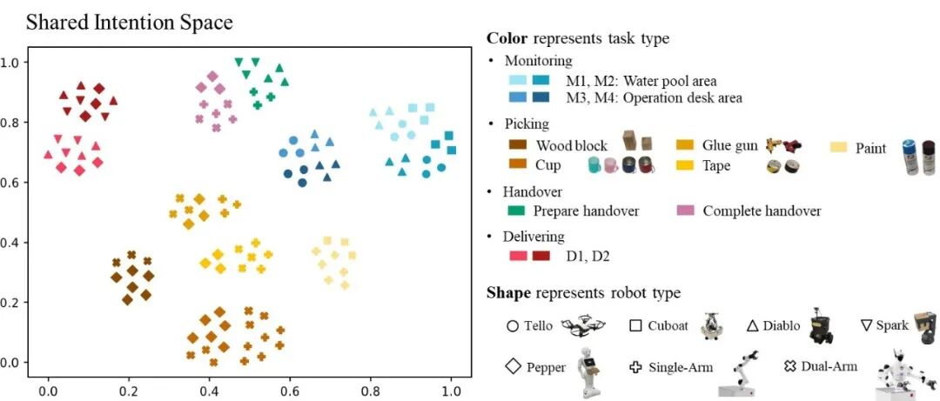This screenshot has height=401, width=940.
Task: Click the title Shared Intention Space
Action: click(x=129, y=22)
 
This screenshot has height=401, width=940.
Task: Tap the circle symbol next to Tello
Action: click(x=512, y=326)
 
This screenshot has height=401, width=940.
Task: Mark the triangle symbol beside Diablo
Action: click(x=754, y=326)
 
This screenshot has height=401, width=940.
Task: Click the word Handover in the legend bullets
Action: click(x=533, y=191)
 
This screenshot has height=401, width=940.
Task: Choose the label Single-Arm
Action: click(x=681, y=368)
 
